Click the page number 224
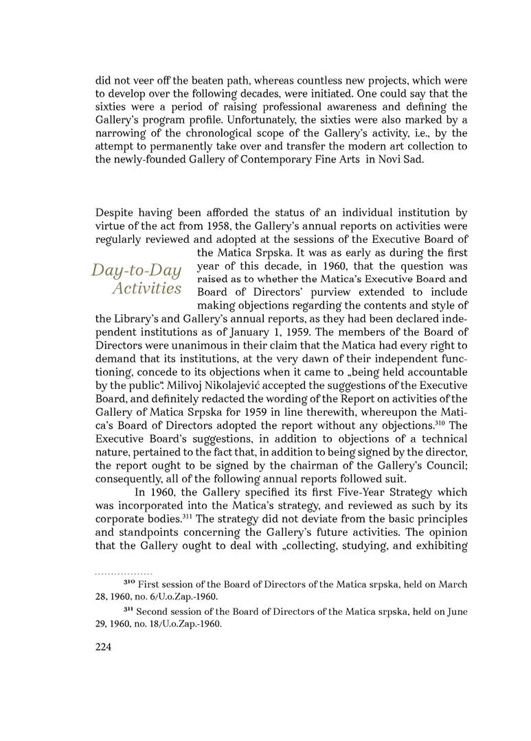click(x=104, y=646)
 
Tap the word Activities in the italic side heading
click(x=147, y=288)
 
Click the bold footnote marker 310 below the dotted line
click(x=129, y=584)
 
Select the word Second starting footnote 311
click(x=156, y=612)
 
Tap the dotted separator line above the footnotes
click(x=124, y=571)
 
